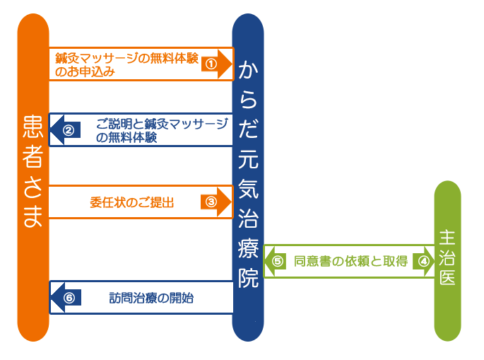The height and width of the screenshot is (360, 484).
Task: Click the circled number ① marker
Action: [211, 64]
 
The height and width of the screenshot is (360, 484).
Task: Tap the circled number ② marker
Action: [69, 130]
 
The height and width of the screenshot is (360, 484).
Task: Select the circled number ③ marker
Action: [211, 202]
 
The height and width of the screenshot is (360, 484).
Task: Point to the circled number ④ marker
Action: [423, 262]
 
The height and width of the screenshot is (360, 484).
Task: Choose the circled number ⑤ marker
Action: [278, 262]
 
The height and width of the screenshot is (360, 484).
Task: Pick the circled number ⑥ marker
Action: [69, 298]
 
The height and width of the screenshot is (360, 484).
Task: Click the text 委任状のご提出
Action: [132, 203]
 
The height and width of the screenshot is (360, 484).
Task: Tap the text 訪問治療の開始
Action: [151, 298]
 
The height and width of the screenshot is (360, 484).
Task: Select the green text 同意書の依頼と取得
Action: [350, 262]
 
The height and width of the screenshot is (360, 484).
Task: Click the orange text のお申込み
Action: [85, 71]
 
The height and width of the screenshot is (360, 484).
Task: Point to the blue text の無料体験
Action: [126, 137]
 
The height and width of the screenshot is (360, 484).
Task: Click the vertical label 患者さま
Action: [33, 171]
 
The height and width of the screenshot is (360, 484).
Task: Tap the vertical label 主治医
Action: [447, 257]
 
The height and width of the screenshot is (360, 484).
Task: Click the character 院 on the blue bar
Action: [248, 278]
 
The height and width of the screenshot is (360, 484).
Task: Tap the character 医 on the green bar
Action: [447, 277]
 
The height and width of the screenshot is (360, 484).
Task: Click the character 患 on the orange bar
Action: [33, 126]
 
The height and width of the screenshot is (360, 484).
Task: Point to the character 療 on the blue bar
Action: [248, 248]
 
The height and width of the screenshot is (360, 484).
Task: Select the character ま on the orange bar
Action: [33, 216]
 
